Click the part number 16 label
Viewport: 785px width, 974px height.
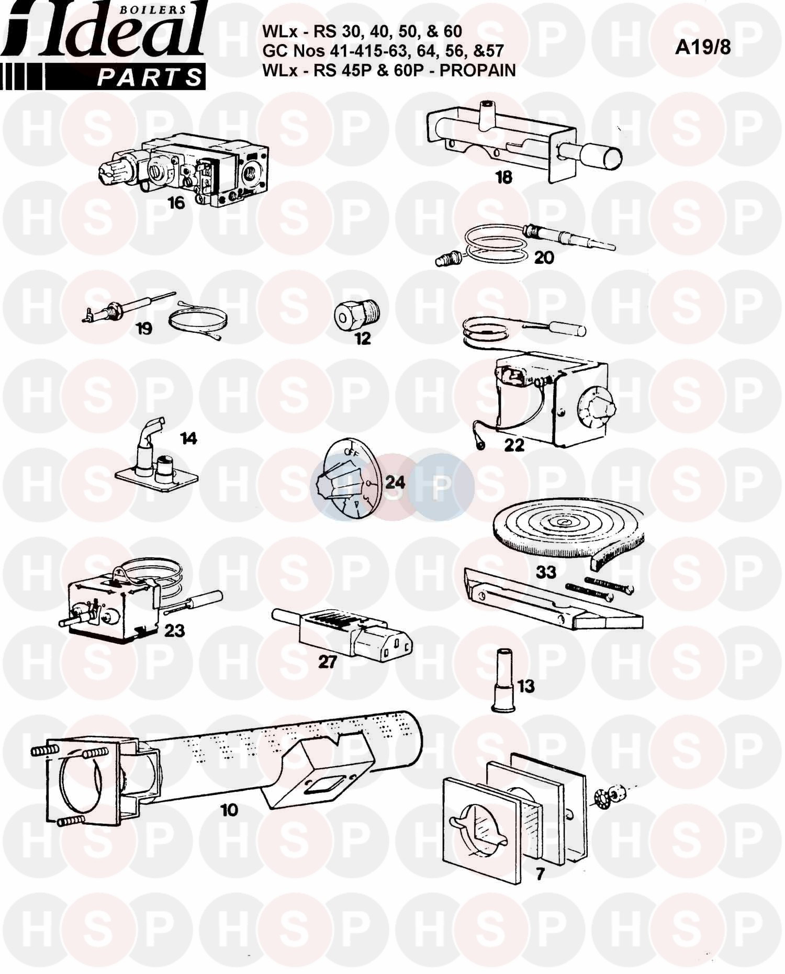[176, 203]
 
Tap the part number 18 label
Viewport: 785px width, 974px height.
[504, 177]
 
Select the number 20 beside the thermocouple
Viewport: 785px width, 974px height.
[544, 258]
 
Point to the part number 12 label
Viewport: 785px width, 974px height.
[363, 339]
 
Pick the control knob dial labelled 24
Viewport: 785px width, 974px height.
[348, 479]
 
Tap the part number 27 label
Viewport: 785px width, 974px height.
[327, 662]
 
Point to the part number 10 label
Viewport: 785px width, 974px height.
[229, 810]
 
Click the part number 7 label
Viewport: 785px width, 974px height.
[540, 874]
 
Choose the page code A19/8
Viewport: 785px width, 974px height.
[703, 47]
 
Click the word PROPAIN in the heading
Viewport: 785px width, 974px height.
[478, 70]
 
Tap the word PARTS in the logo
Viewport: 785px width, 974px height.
[149, 77]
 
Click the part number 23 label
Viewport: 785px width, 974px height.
[174, 630]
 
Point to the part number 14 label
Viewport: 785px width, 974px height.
[189, 438]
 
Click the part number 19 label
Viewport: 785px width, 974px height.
[144, 329]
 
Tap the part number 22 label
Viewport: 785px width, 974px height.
[514, 445]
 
